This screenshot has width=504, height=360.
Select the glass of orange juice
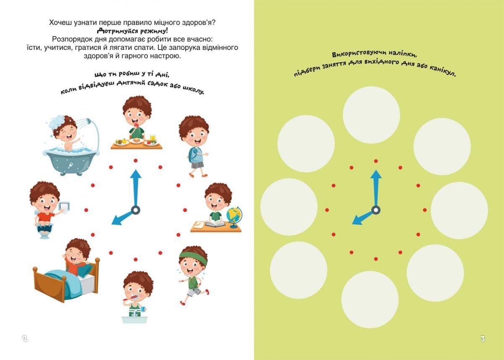[153, 138]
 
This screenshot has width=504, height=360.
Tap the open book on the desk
[215, 223]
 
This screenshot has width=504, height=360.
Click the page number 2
[25, 338]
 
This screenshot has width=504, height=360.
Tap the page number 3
[483, 339]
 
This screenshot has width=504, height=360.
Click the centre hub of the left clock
[135, 210]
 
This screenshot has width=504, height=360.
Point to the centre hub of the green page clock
[376, 210]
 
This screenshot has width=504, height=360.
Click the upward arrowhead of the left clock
[136, 174]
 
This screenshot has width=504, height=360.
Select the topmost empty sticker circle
[371, 115]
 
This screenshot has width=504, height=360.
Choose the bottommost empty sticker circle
[370, 300]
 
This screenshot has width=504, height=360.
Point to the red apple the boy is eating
[136, 126]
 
